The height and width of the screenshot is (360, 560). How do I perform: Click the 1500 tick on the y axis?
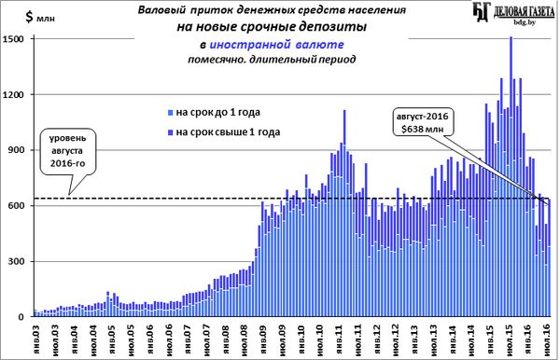click(x=13, y=38)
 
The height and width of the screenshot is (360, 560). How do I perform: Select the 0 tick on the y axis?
click(x=21, y=317)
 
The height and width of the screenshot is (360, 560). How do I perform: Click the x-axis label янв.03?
click(x=36, y=339)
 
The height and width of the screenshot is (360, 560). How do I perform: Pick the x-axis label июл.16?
click(x=546, y=339)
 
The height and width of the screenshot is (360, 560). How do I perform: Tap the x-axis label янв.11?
click(x=339, y=339)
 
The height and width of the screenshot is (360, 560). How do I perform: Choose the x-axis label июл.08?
click(x=245, y=339)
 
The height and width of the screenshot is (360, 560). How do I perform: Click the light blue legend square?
click(x=171, y=113)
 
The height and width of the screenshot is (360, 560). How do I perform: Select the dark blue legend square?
click(x=171, y=132)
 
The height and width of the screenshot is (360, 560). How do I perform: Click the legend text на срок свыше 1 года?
click(x=228, y=132)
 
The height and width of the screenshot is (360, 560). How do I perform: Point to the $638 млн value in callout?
click(x=422, y=129)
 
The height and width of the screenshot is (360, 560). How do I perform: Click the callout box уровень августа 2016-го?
click(x=68, y=151)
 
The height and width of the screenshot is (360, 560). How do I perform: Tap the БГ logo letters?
click(x=481, y=11)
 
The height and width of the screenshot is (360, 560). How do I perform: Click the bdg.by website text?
click(x=525, y=22)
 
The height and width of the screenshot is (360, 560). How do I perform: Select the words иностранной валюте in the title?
click(x=276, y=45)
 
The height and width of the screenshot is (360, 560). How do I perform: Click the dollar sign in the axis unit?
click(x=29, y=17)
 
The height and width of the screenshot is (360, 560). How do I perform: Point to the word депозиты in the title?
click(x=333, y=27)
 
